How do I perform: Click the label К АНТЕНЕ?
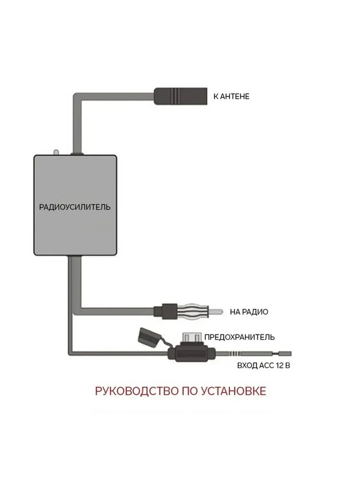(231, 96)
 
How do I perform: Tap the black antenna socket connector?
(180, 96)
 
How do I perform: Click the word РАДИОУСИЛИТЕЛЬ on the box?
(75, 207)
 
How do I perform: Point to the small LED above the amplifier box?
(56, 152)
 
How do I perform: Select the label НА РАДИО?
(249, 312)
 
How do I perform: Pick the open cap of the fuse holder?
(148, 338)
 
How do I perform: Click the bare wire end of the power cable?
(285, 353)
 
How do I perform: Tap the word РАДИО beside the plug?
(255, 312)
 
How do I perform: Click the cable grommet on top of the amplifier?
(77, 154)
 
